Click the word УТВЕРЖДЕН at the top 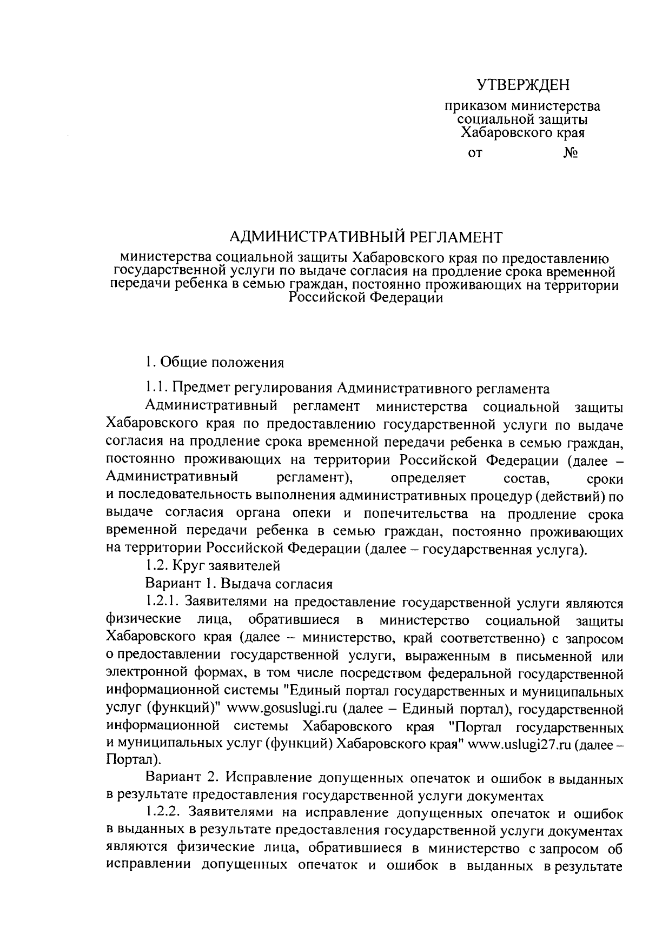(x=523, y=85)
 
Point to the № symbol (x=571, y=153)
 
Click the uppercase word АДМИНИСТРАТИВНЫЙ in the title (x=316, y=237)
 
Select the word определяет (x=432, y=479)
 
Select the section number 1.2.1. (x=163, y=602)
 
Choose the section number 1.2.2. (x=163, y=813)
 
